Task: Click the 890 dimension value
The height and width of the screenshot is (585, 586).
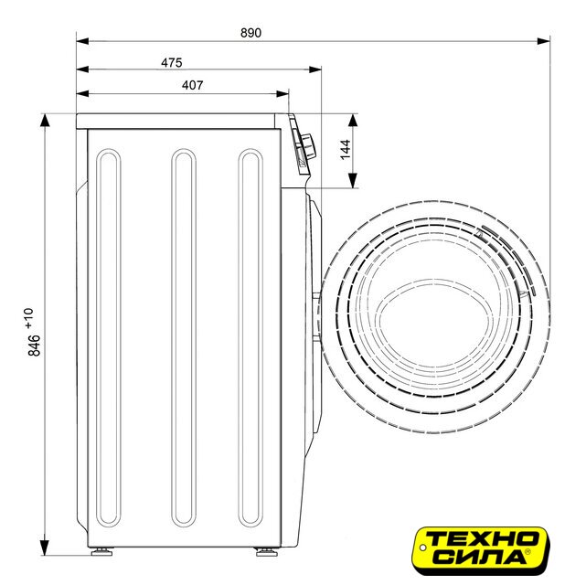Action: coord(250,33)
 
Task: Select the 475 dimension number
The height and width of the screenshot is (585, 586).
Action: coord(172,62)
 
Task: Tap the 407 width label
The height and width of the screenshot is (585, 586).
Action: coord(193,85)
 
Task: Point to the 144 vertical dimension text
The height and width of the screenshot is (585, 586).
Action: coord(346,149)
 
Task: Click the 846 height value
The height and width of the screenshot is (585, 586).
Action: coord(34,346)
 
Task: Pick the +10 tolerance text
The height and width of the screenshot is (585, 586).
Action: coord(28,318)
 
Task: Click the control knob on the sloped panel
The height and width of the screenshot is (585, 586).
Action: coord(309,145)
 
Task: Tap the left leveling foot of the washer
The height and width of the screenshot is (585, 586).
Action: coord(101,551)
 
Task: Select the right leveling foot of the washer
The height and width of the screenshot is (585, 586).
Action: coord(266,551)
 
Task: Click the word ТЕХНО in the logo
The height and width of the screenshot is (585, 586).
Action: coord(482,538)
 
